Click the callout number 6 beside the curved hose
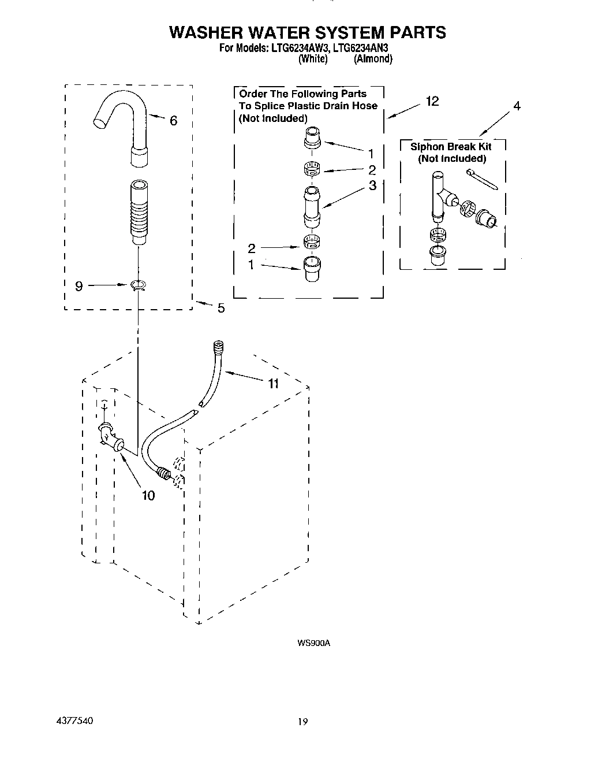[x=173, y=121]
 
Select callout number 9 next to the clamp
[x=79, y=285]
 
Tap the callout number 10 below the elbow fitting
[x=148, y=495]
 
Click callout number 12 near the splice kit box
[x=432, y=101]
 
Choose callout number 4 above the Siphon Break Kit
[x=517, y=106]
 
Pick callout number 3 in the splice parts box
[x=372, y=185]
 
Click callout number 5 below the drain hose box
[x=220, y=309]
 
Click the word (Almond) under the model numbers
[x=373, y=58]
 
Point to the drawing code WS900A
[x=313, y=643]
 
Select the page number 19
[x=304, y=722]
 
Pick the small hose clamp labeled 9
[x=139, y=285]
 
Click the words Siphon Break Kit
[x=450, y=147]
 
